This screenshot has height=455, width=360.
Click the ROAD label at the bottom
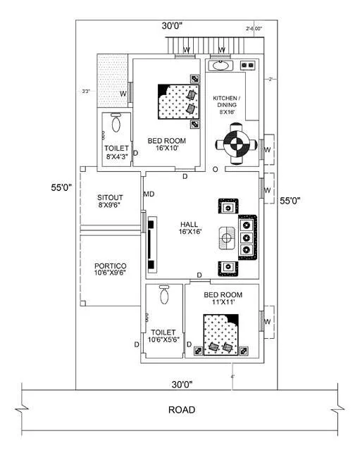(181, 409)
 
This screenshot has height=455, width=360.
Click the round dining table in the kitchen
(232, 144)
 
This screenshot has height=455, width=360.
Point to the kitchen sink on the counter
(221, 66)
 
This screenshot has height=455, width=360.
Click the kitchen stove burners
(247, 66)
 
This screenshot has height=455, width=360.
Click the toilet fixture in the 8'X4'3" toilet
(116, 125)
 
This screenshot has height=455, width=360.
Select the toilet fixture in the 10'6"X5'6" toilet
(165, 295)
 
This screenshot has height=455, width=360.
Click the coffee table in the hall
(226, 237)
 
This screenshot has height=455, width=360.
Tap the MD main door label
(149, 194)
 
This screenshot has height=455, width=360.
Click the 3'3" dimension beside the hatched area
(86, 91)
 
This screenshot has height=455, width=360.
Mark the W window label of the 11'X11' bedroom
(267, 322)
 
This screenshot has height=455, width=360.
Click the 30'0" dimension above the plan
(172, 25)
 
